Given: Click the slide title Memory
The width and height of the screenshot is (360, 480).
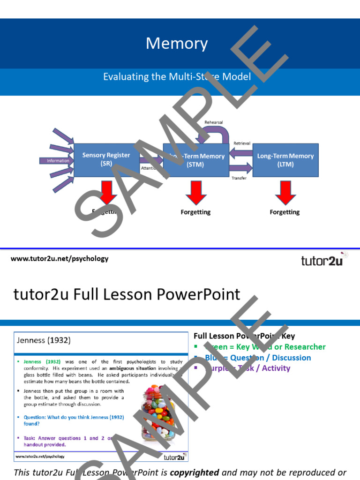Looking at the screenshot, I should point(177,44).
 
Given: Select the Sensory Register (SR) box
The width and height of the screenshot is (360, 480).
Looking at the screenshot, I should point(106,160).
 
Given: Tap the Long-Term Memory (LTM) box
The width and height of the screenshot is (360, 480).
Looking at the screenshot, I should point(285,160).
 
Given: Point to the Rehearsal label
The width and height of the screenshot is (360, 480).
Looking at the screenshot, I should point(213,122).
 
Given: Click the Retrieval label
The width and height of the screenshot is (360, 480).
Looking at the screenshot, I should point(242,143).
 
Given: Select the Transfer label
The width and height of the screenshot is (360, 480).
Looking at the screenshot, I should point(239,178).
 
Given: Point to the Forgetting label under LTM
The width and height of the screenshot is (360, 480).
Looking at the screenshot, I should point(285,212).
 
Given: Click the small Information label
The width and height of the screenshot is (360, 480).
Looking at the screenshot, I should point(58,161).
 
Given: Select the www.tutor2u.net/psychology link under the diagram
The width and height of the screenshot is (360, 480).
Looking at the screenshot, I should point(60,259).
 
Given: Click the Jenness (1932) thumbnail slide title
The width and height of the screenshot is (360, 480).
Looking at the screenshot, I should point(44,341).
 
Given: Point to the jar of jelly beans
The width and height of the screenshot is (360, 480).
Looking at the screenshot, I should point(158,412).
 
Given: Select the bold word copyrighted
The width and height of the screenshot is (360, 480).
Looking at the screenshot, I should point(194,472).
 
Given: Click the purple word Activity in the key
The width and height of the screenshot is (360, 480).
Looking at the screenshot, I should point(276,368).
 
